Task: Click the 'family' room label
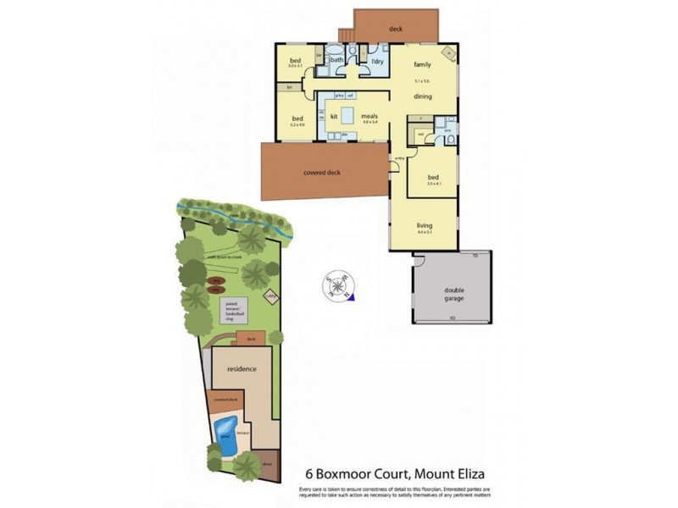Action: pos(422,64)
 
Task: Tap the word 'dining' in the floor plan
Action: pos(423,97)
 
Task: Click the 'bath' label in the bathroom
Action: pos(336,60)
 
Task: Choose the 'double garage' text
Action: pos(454,294)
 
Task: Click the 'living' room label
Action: pos(425,225)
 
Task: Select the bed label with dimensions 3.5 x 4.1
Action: pos(435,179)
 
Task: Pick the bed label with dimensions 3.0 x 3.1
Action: pos(296,61)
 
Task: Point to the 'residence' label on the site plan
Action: pos(242,369)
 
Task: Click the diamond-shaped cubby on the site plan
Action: pos(272,296)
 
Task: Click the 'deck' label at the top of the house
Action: pos(395,29)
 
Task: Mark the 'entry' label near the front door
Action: pos(398,158)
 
